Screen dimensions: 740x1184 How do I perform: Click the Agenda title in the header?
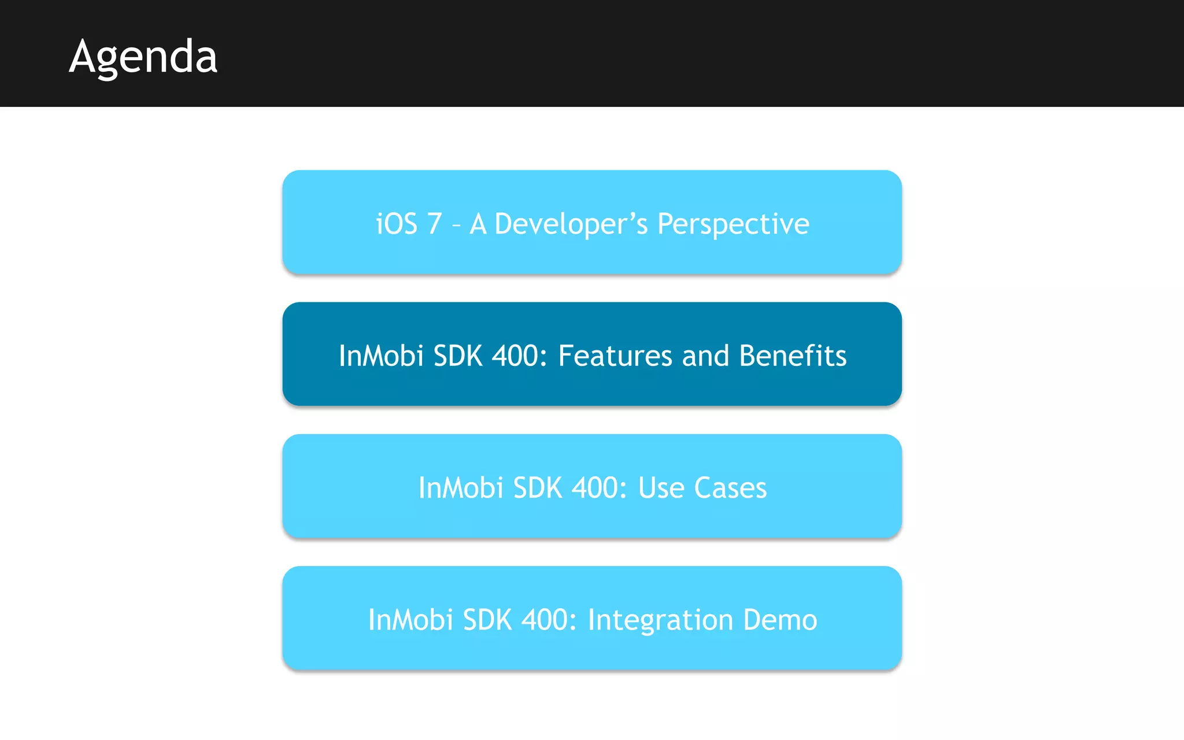(143, 57)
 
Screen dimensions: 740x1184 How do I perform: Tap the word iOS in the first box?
(397, 224)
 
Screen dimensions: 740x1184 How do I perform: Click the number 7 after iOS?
(434, 224)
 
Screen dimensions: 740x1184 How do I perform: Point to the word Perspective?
(733, 224)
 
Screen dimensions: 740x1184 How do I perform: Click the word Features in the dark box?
(615, 356)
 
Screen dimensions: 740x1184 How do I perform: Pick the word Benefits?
(793, 356)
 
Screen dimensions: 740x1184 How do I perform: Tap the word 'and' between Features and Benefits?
(705, 356)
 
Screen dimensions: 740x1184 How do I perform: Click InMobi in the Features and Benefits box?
(381, 356)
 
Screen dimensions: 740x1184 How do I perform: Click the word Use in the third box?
(661, 488)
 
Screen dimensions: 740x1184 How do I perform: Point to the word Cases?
(730, 488)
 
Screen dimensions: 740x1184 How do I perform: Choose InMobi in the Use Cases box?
(461, 488)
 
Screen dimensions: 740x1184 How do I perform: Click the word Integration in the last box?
(660, 620)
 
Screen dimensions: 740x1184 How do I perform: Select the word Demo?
(780, 620)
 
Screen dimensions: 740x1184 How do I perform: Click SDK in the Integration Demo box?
(487, 620)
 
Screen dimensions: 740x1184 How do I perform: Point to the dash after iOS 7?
(456, 225)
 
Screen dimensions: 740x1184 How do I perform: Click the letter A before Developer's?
(478, 224)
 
